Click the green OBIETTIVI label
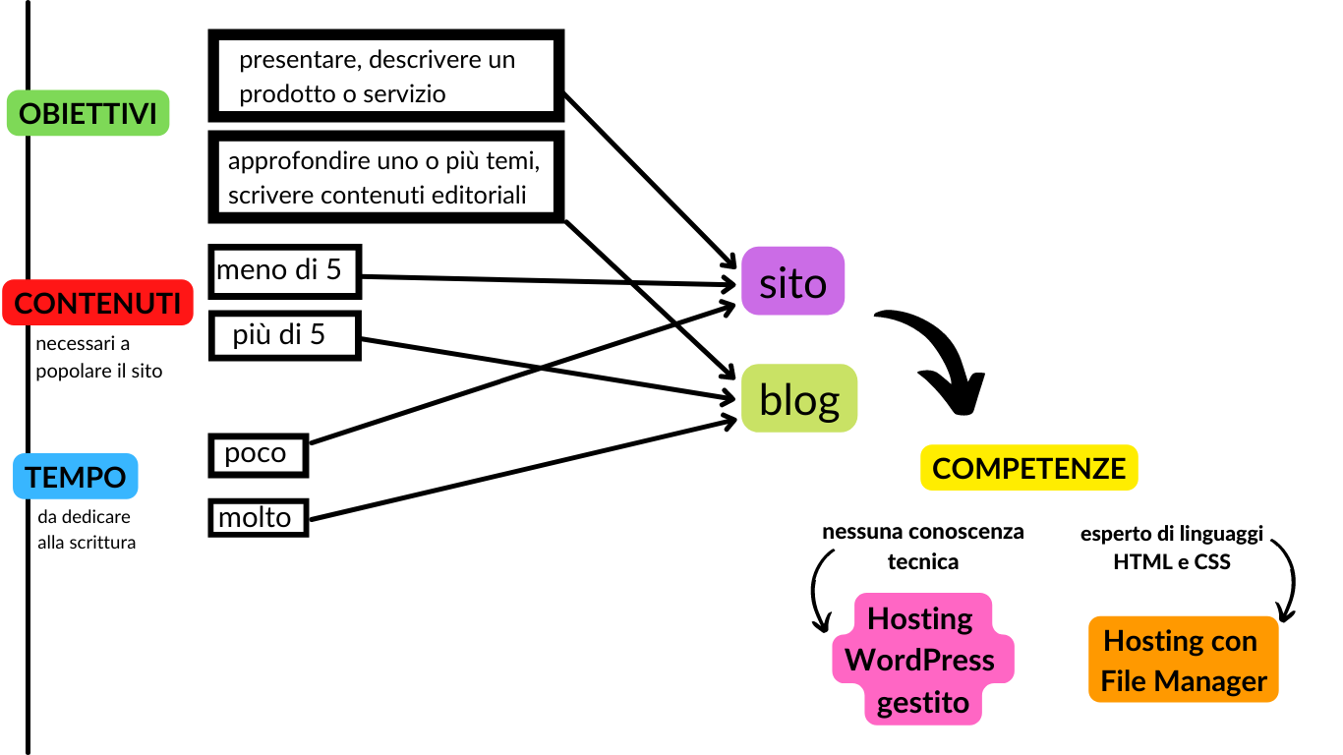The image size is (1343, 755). coord(88,113)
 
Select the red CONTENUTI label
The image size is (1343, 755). coord(97,303)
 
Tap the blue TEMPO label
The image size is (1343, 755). coord(76,477)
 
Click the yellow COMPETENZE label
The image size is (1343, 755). coord(1028,468)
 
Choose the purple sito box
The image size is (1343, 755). coord(792,282)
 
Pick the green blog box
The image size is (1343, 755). coord(798,399)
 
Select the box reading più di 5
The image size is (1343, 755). coord(285,335)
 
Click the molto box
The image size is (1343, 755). coord(258,517)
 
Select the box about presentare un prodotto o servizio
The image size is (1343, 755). coord(385,77)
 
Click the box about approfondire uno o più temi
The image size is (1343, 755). coord(385,177)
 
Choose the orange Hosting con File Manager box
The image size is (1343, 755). coord(1183,660)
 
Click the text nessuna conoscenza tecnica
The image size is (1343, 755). coord(922,547)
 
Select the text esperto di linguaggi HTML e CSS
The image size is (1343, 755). coord(1171,549)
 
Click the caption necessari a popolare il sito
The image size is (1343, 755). coord(98,358)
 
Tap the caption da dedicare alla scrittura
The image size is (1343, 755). coord(87,529)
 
